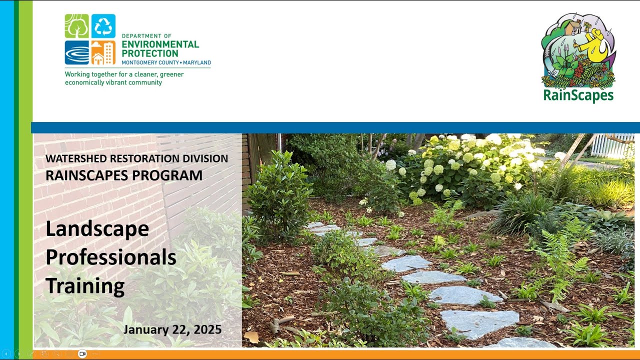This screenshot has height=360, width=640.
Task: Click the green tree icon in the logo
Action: tap(76, 26)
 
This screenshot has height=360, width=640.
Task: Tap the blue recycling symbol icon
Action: tap(103, 26)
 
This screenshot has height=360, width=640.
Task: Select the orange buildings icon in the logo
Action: tap(103, 52)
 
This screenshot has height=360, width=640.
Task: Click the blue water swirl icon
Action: tap(76, 52)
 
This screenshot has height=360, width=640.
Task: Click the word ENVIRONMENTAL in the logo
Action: tap(160, 44)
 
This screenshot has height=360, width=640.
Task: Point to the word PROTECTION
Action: tap(150, 53)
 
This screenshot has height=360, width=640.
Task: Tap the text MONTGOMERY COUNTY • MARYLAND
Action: tap(166, 63)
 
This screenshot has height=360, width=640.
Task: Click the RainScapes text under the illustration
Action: tap(578, 95)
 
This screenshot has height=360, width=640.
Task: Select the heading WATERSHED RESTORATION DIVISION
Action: tap(136, 158)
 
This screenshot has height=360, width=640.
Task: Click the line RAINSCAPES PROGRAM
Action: tap(124, 175)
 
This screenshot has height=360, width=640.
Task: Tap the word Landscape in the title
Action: tap(97, 228)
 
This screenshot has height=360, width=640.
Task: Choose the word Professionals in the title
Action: tap(111, 257)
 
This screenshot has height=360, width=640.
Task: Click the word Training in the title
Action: tap(85, 286)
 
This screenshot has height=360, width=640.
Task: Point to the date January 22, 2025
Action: tap(172, 329)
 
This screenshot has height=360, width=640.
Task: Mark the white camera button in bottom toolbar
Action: tap(82, 354)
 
